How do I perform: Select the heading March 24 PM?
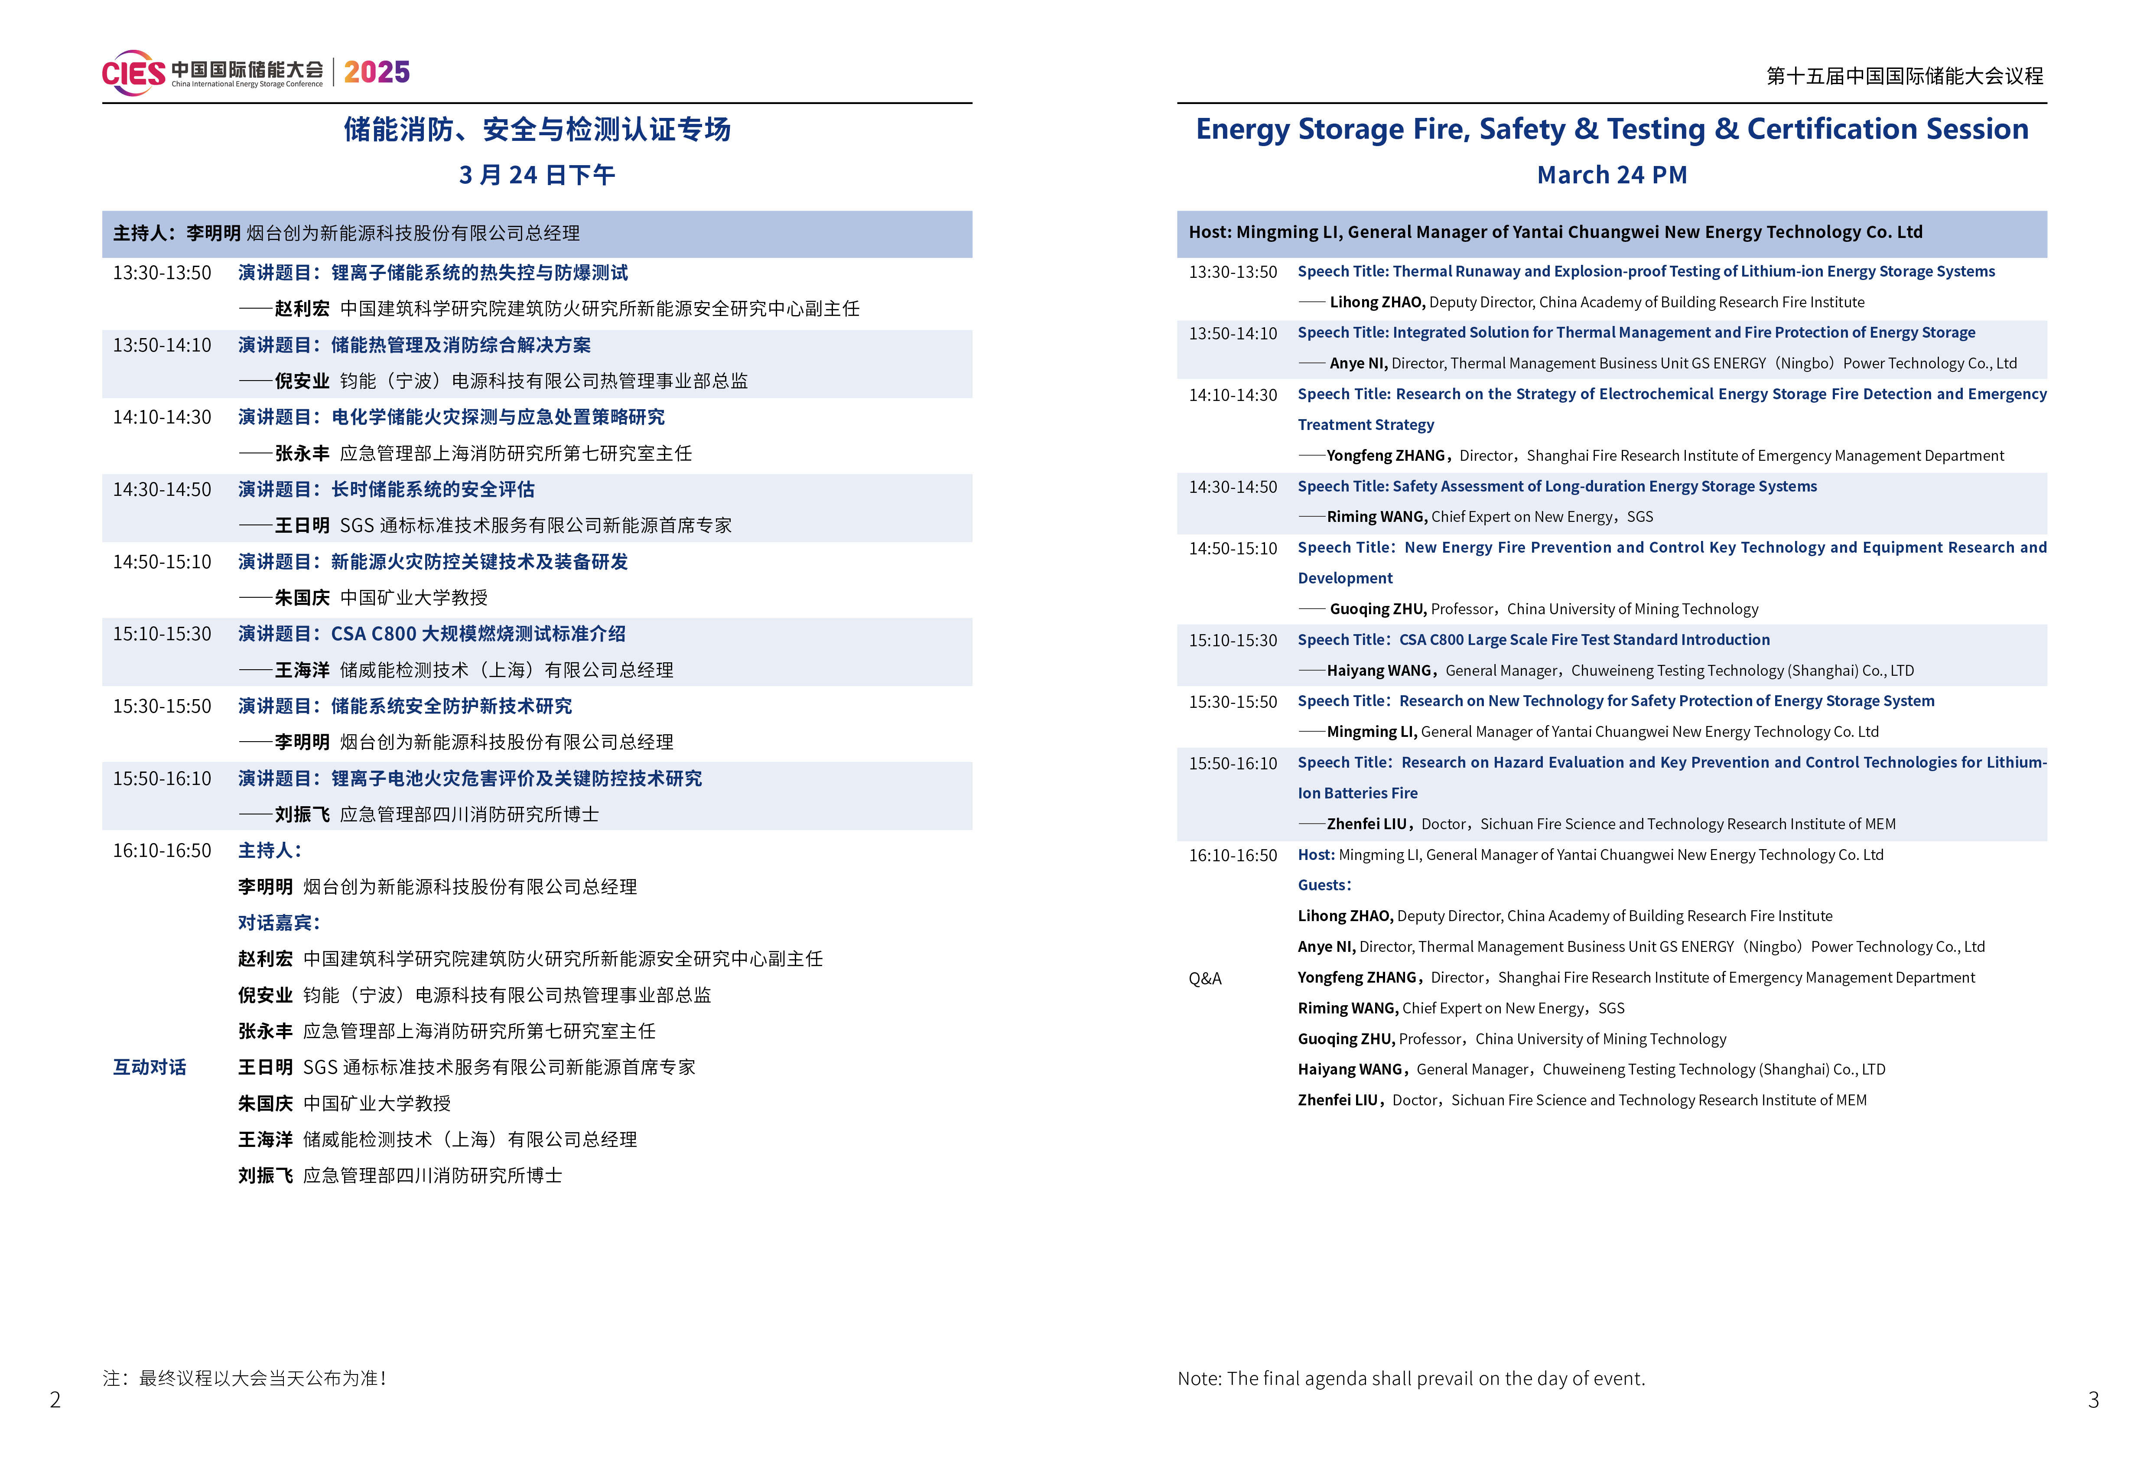pyautogui.click(x=1612, y=175)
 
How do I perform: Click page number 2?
pyautogui.click(x=55, y=1400)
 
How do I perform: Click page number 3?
pyautogui.click(x=2094, y=1400)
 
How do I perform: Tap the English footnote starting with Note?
pyautogui.click(x=1411, y=1378)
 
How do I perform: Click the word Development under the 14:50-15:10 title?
pyautogui.click(x=1344, y=578)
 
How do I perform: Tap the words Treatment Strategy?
pyautogui.click(x=1366, y=425)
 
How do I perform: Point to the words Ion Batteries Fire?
pyautogui.click(x=1357, y=793)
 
